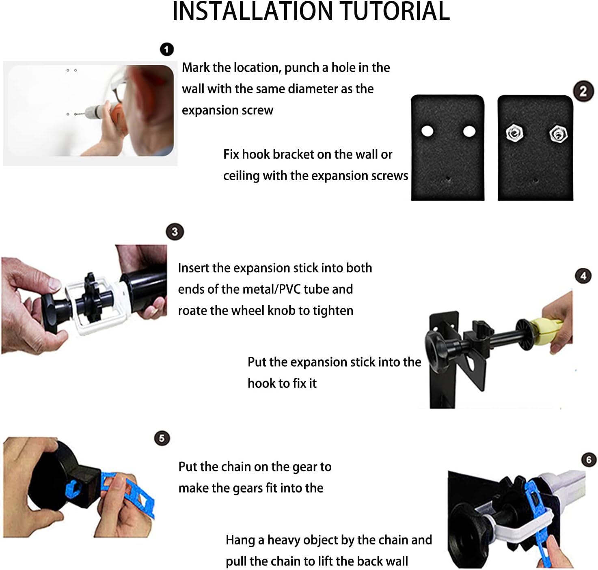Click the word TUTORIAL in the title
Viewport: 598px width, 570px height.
point(395,11)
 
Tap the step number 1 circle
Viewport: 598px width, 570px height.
point(167,49)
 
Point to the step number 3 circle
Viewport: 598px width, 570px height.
point(175,232)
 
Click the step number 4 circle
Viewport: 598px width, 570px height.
point(583,276)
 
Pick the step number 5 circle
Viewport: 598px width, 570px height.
point(162,439)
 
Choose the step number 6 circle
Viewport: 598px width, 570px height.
point(589,460)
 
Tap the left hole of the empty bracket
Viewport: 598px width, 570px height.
point(427,131)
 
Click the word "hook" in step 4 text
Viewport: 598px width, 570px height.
point(259,383)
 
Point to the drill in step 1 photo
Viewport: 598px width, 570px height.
point(97,111)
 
